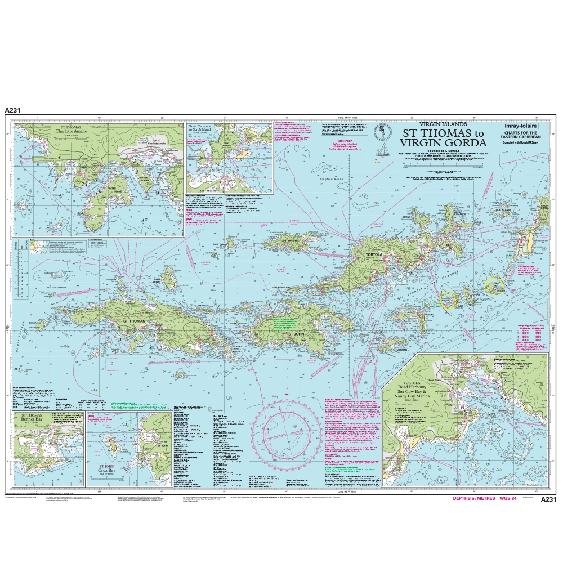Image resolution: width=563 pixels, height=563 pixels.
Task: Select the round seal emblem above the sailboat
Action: pos(384,130)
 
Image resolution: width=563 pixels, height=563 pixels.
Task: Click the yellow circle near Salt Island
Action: pos(449,300)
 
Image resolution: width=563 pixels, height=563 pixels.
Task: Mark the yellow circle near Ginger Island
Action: pos(495,285)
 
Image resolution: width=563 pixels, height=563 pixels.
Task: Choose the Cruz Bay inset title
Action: pos(110,468)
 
